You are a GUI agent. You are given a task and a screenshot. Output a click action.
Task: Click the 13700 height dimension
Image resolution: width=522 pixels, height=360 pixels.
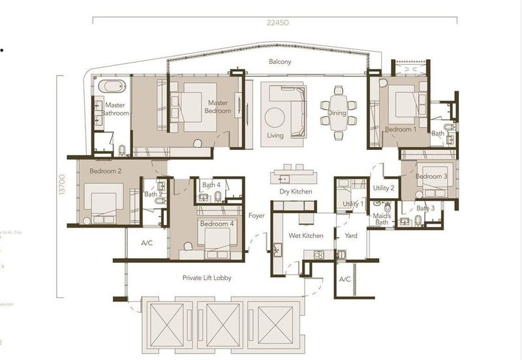click(62, 183)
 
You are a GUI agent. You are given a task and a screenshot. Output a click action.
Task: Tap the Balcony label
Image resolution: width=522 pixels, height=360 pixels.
click(280, 62)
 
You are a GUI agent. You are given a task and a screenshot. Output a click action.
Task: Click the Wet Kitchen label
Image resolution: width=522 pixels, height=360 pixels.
click(306, 235)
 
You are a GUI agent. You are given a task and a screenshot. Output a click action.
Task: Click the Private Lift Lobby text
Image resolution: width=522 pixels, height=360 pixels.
click(207, 278)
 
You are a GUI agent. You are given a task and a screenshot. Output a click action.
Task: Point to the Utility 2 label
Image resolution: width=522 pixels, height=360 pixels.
click(384, 188)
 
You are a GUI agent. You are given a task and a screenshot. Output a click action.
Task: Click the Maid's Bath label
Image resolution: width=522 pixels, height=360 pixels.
click(382, 219)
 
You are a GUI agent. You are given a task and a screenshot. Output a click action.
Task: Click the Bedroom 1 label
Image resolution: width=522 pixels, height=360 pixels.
click(400, 129)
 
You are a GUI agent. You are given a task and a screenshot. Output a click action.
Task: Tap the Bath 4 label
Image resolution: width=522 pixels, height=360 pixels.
click(211, 185)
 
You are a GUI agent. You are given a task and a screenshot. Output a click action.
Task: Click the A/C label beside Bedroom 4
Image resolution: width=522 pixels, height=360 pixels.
click(147, 243)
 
